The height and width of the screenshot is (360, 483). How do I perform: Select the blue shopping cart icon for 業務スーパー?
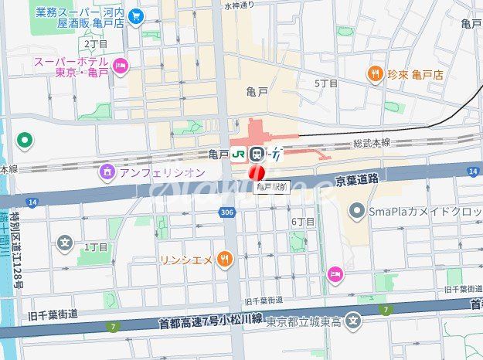[136, 15]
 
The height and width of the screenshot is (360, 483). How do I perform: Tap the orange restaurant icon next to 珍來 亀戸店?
[375, 74]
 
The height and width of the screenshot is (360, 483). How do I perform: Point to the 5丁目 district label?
[326, 83]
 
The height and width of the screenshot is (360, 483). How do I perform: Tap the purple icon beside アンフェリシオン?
[107, 172]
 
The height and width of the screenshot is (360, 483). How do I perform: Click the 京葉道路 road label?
[356, 179]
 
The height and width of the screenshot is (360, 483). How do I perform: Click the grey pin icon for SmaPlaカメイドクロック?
[356, 209]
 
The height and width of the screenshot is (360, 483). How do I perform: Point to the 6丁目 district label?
[303, 222]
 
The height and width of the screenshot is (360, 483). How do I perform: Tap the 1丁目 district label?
[96, 247]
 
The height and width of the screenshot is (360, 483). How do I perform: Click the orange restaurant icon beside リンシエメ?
[224, 260]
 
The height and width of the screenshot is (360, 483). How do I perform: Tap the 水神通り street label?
[239, 5]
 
